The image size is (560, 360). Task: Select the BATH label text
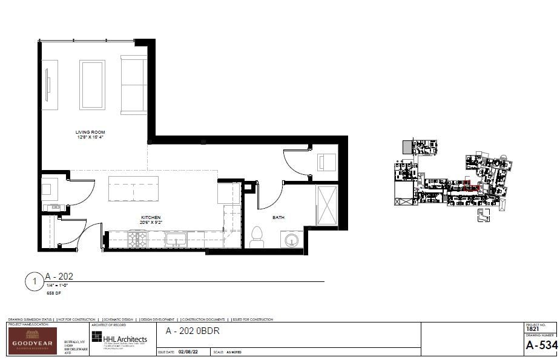[278, 217]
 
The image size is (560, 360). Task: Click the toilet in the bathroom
[257, 237]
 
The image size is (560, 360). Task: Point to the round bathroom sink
[291, 240]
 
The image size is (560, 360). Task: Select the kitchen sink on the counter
[176, 240]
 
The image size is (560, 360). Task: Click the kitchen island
[133, 188]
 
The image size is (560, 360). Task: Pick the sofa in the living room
[133, 85]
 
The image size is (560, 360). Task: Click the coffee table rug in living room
[92, 85]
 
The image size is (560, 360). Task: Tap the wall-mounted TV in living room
[48, 85]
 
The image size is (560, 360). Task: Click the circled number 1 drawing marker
[35, 282]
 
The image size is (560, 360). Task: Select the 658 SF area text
[53, 293]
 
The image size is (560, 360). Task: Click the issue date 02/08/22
[190, 352]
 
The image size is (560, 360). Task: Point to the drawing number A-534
[541, 345]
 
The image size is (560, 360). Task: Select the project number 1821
[533, 329]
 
